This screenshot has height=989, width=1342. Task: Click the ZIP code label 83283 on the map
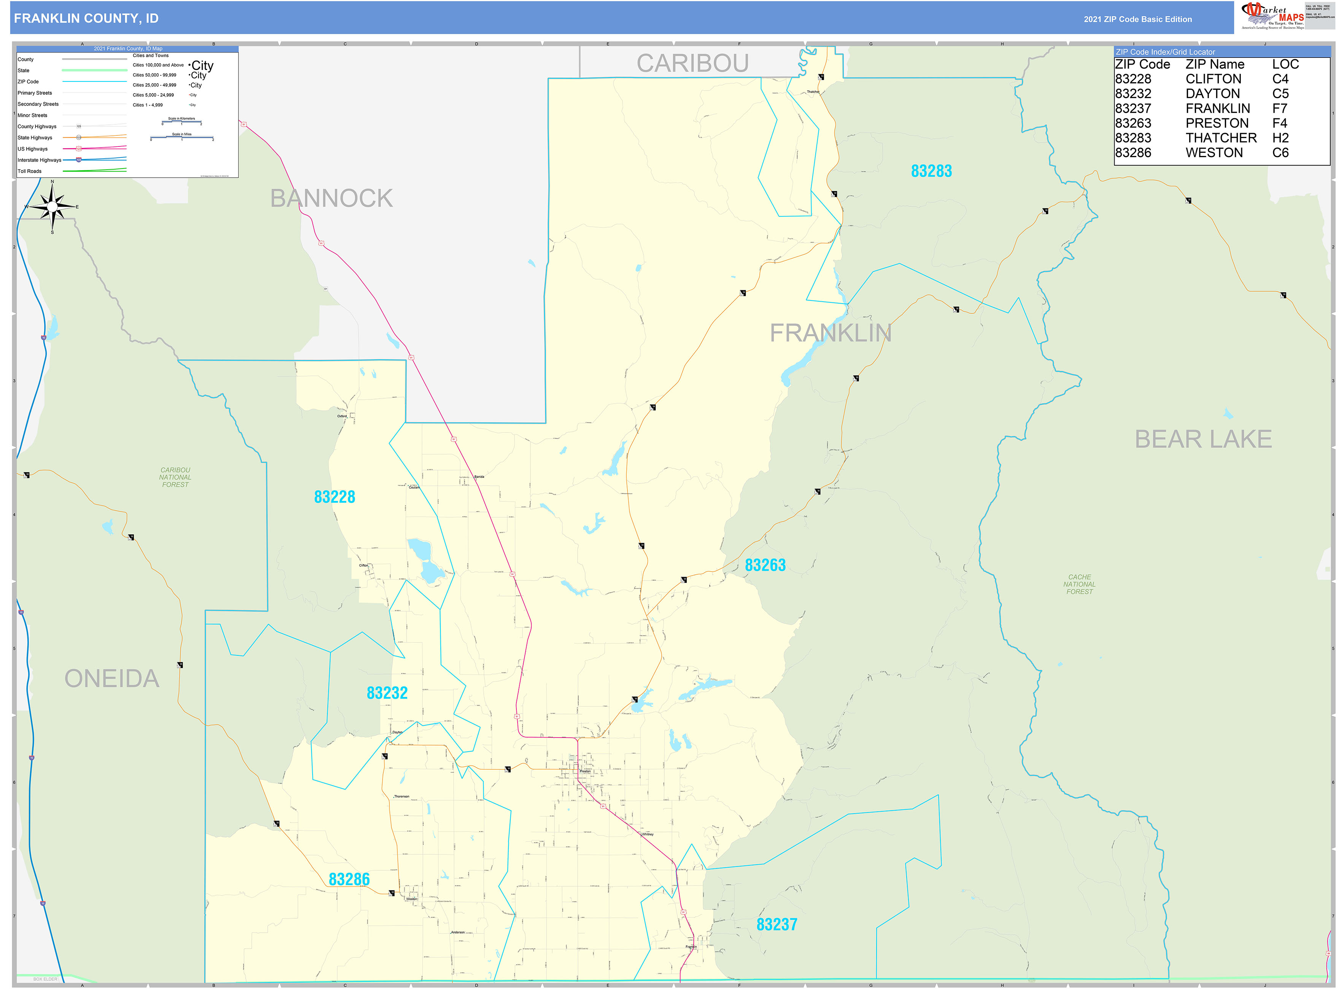(931, 171)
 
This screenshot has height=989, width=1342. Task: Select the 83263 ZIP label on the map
(765, 565)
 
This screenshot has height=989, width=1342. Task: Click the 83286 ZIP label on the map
(349, 879)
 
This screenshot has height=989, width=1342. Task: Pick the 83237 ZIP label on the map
(777, 924)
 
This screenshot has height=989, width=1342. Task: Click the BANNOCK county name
(331, 198)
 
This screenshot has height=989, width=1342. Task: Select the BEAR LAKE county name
(1202, 439)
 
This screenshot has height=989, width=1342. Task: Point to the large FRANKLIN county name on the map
(830, 333)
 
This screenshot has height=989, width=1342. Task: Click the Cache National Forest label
(1079, 584)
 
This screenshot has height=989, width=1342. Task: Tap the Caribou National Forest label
(175, 477)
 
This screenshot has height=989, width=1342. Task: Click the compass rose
(53, 207)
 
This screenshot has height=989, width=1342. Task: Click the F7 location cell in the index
(1279, 108)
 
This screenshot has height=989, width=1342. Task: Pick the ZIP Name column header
(1215, 64)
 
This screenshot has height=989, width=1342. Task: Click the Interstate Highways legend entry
(40, 160)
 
